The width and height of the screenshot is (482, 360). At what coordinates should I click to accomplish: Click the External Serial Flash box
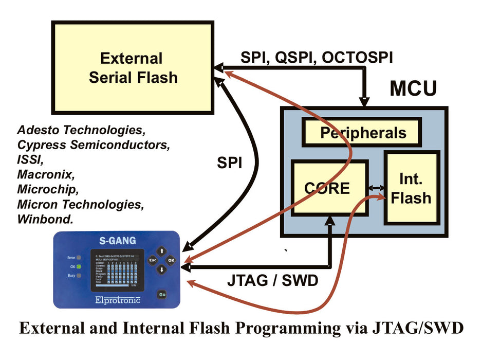[133, 67]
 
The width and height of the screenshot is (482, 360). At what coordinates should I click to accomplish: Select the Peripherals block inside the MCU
[363, 133]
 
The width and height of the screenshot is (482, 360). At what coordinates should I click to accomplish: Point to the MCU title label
[413, 88]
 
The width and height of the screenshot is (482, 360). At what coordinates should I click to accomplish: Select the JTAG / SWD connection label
[272, 281]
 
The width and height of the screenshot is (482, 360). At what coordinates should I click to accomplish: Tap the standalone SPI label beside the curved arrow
[229, 164]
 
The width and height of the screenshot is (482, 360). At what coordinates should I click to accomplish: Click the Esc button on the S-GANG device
[152, 260]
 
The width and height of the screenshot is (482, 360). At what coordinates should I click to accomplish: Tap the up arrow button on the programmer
[161, 251]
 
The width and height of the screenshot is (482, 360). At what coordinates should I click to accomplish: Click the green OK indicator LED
[80, 266]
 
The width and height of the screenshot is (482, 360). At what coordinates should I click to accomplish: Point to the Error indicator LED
[80, 257]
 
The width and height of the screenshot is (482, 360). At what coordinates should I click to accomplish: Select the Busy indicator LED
[80, 276]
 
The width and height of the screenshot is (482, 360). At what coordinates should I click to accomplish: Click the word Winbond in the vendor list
[45, 219]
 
